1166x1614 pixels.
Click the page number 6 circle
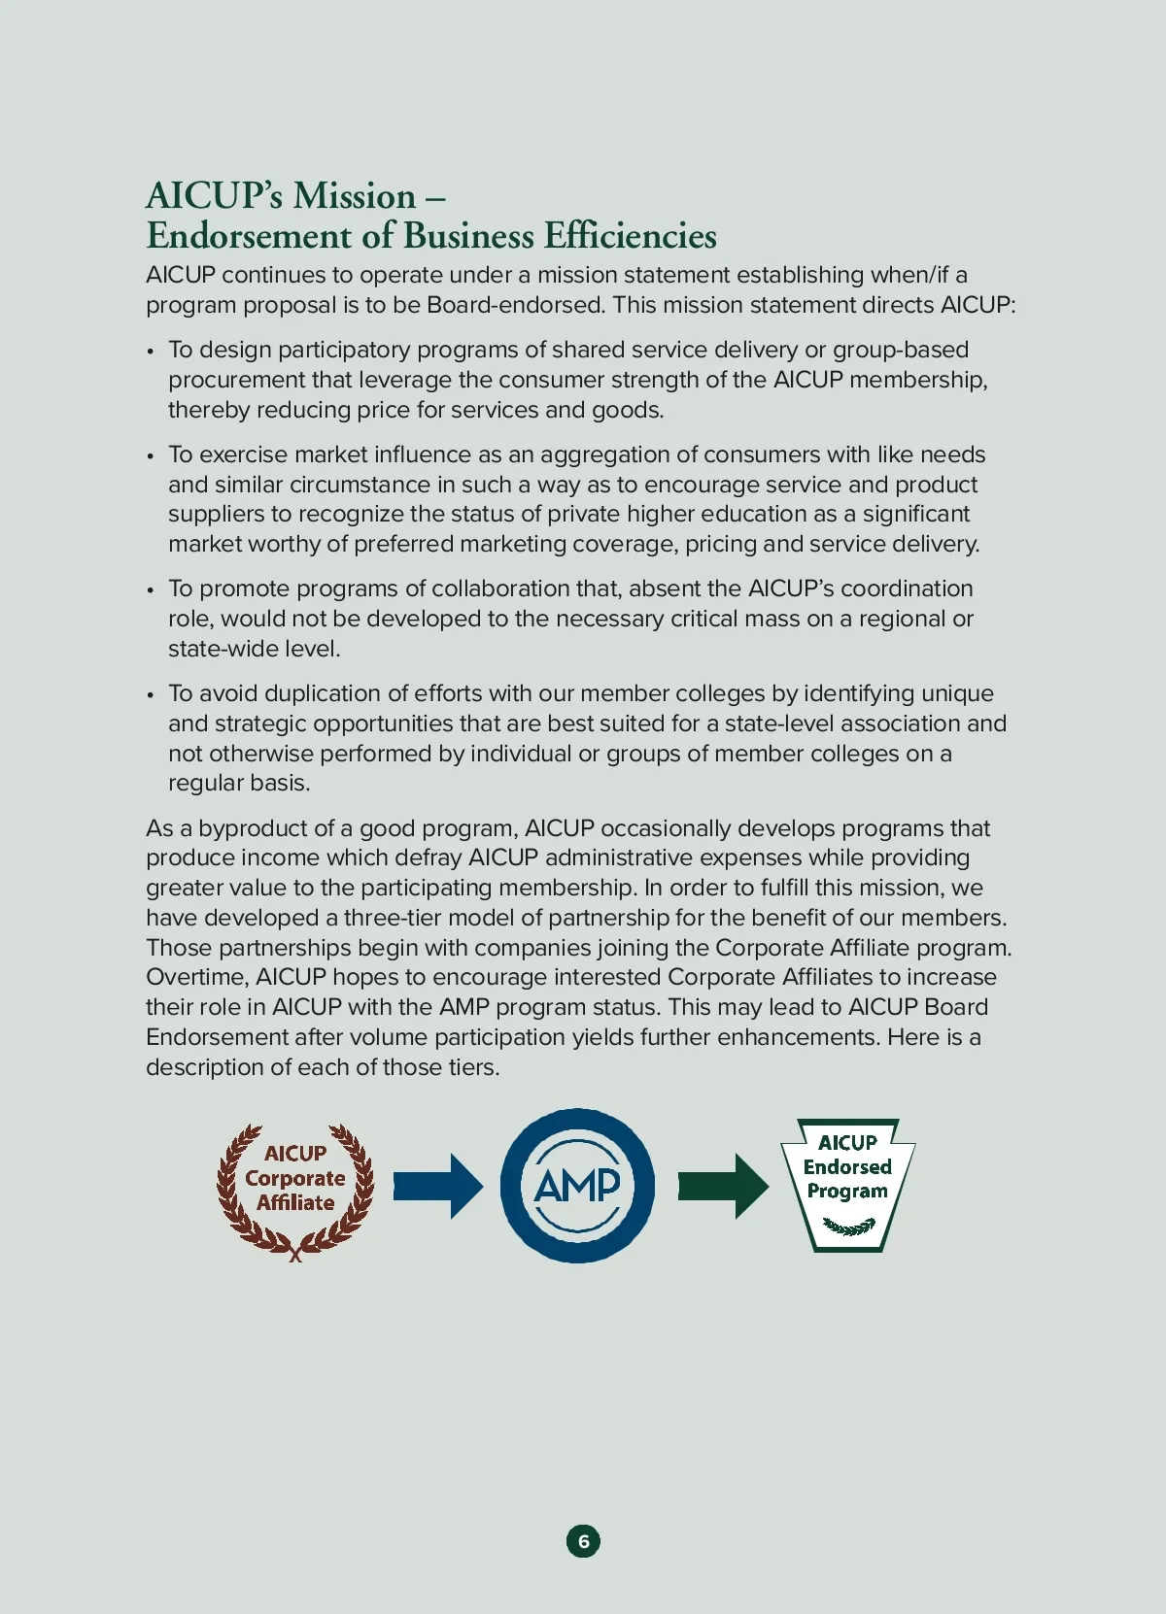click(x=583, y=1541)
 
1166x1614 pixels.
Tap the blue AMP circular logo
click(x=577, y=1186)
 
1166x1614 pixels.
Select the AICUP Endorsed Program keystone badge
click(x=847, y=1185)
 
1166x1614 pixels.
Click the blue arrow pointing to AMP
click(x=437, y=1186)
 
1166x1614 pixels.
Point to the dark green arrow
click(x=723, y=1186)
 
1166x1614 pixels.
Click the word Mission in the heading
click(x=355, y=196)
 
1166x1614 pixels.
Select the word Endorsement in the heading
click(x=249, y=236)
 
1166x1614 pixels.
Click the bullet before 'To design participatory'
click(x=151, y=351)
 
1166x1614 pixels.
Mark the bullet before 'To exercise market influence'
click(x=151, y=455)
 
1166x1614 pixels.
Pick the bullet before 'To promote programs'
click(x=151, y=589)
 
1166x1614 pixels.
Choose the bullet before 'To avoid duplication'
click(x=151, y=694)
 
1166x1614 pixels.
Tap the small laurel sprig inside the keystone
click(x=848, y=1227)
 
